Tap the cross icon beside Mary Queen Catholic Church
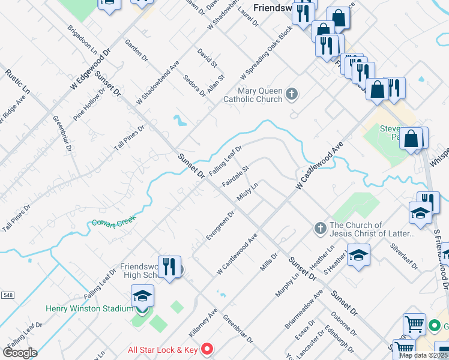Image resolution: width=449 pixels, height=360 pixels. tap(292, 94)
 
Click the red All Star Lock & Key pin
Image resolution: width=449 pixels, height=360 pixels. tap(207, 348)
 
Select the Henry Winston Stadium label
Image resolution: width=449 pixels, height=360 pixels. tap(89, 309)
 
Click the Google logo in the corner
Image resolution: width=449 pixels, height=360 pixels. tap(20, 353)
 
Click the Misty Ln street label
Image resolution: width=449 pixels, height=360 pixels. tap(247, 193)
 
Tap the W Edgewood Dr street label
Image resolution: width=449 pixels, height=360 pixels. tap(91, 70)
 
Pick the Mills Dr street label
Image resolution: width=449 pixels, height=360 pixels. tap(269, 261)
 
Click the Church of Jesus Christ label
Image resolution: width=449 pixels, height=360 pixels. tap(372, 229)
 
